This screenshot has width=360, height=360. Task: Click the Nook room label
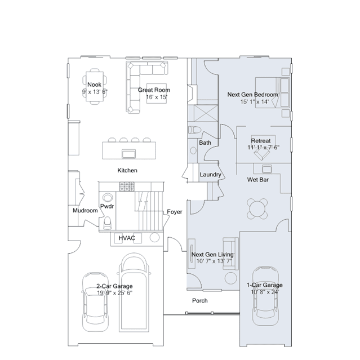click(94, 85)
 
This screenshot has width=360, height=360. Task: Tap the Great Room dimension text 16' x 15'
click(157, 97)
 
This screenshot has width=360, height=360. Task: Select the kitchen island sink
click(128, 154)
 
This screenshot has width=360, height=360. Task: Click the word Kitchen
click(127, 170)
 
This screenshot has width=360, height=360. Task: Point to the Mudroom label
click(85, 211)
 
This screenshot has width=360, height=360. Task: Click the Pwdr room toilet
click(107, 223)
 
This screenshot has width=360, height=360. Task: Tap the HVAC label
click(127, 238)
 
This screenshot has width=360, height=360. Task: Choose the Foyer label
click(175, 212)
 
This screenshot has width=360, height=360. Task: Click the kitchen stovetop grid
click(127, 186)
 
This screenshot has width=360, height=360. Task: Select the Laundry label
click(210, 175)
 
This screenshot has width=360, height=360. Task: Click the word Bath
click(205, 143)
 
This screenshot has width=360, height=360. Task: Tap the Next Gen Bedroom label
click(252, 95)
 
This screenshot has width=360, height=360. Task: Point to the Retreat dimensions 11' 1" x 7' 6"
click(263, 148)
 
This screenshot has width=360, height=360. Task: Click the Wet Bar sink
click(267, 169)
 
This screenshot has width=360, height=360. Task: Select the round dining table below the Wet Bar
click(257, 208)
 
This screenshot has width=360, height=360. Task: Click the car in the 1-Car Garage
click(265, 296)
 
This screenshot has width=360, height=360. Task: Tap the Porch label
click(200, 301)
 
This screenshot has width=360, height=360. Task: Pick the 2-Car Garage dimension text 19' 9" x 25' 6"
click(114, 293)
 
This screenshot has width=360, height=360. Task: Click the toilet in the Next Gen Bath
click(194, 130)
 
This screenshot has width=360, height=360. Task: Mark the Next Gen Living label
click(212, 255)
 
